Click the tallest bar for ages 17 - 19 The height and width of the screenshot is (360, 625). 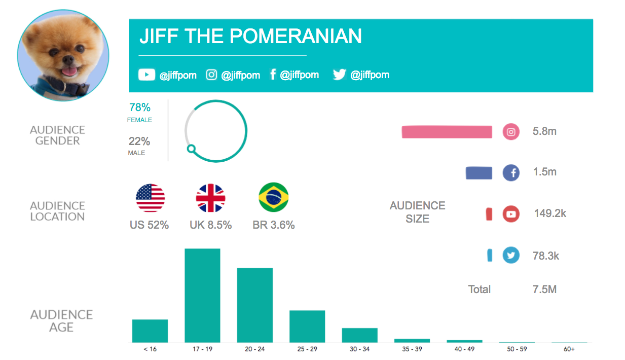click(202, 295)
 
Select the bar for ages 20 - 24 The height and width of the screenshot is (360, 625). click(255, 305)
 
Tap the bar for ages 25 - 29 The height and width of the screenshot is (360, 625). click(307, 326)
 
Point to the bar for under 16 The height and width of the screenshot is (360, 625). click(150, 331)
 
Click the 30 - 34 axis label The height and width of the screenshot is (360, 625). click(359, 349)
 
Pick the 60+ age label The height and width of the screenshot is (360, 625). click(569, 349)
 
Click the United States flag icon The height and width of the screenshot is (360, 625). click(151, 198)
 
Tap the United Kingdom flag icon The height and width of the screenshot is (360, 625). click(210, 198)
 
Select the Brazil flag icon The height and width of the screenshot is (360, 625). click(274, 198)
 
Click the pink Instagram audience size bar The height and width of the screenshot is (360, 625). click(447, 132)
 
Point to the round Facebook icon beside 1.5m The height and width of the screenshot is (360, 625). click(511, 173)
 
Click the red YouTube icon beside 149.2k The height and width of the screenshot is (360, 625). click(511, 214)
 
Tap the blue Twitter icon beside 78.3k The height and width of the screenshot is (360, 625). click(511, 255)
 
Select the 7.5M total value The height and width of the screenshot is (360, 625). click(544, 290)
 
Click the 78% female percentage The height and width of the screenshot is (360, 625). click(140, 107)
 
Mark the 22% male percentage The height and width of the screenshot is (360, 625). click(139, 141)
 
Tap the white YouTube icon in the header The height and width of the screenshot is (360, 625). click(146, 75)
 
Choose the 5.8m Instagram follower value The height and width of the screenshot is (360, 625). click(544, 131)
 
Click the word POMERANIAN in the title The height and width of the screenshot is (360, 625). click(296, 36)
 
